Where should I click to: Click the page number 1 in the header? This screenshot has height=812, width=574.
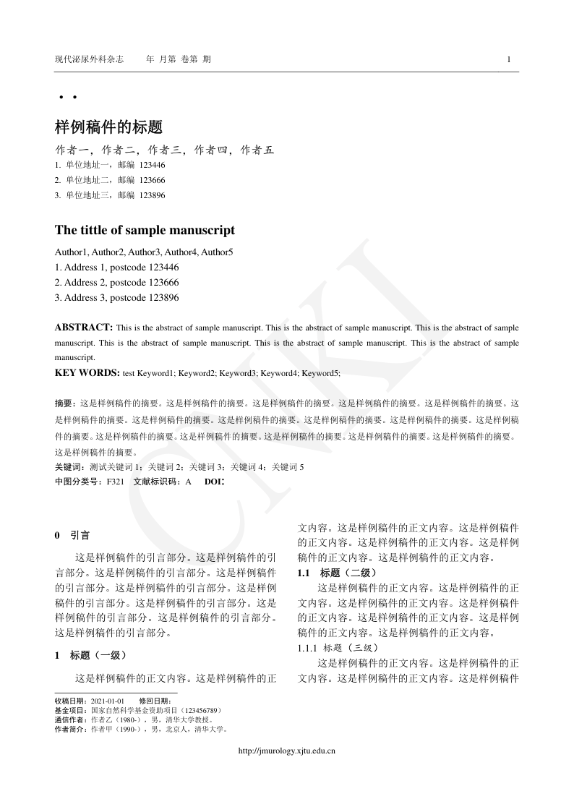(x=509, y=59)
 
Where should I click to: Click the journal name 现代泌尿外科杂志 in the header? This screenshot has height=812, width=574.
(x=90, y=59)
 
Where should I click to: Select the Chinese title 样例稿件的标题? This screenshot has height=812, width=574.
(x=108, y=127)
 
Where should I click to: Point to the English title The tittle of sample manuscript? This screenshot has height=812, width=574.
(x=145, y=231)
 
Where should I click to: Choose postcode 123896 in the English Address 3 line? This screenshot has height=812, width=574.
(x=163, y=297)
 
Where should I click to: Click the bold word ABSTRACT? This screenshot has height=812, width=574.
(x=83, y=327)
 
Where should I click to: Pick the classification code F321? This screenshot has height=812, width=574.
(x=115, y=481)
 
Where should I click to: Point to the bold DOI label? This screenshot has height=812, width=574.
(x=214, y=481)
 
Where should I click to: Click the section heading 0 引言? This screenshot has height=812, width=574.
(x=72, y=536)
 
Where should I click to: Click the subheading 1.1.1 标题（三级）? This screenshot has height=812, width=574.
(x=337, y=648)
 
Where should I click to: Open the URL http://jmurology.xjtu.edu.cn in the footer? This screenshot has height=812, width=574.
(x=287, y=751)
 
